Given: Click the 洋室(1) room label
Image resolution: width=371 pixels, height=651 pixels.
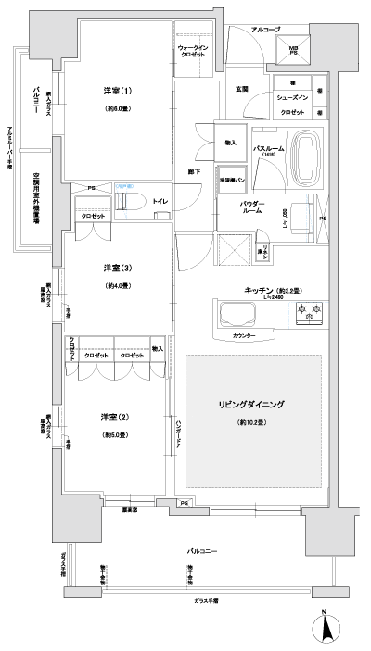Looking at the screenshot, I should [117, 91].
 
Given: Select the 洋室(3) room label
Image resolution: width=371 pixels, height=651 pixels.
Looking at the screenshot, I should [117, 269].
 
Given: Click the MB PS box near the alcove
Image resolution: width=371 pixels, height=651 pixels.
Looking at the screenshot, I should [292, 51].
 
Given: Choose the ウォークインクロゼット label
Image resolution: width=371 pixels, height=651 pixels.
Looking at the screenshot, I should [196, 51].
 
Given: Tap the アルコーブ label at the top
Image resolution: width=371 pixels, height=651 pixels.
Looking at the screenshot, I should [266, 30].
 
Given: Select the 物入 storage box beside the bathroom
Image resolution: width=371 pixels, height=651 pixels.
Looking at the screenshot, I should [230, 143].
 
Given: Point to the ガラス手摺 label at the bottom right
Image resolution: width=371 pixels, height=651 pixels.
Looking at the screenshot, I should [212, 600].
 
